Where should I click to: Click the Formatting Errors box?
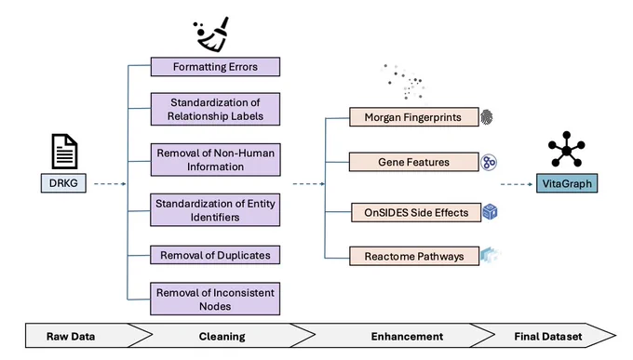(x=215, y=67)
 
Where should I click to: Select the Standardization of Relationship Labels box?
(x=215, y=109)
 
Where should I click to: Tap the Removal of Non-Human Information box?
(x=216, y=160)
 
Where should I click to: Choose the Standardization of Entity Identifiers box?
(x=215, y=210)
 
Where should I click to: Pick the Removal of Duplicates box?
(x=215, y=255)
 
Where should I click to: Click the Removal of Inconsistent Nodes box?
(x=215, y=299)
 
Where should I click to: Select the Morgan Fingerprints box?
(x=414, y=117)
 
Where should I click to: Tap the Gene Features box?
(x=414, y=162)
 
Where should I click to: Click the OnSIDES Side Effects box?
(x=416, y=212)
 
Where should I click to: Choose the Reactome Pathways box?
(x=414, y=256)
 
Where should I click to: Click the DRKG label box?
(x=63, y=183)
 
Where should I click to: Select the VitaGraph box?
(x=567, y=183)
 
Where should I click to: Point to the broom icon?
(x=211, y=34)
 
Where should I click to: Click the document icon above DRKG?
(x=64, y=152)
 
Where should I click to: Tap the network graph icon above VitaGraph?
(x=566, y=149)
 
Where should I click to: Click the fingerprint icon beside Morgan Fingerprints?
(x=487, y=117)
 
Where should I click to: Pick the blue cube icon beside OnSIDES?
(x=490, y=212)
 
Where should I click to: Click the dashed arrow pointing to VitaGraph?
(x=517, y=184)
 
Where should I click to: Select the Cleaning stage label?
(x=222, y=336)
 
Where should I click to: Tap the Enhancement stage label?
(x=407, y=336)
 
